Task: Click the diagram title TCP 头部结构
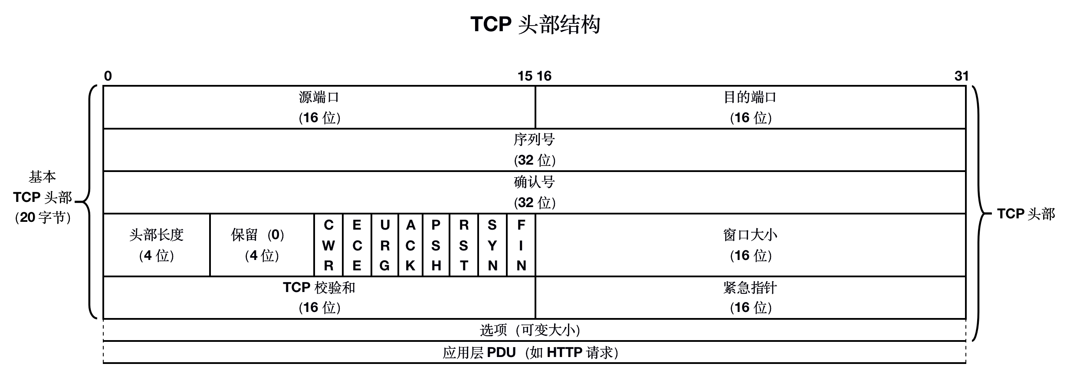(x=535, y=24)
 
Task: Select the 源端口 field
(x=319, y=107)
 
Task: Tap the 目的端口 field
(x=750, y=107)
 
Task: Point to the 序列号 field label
(x=534, y=140)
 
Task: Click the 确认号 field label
(x=534, y=182)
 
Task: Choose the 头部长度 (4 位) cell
(x=157, y=245)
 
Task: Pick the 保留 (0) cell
(x=262, y=245)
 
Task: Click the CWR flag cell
(x=328, y=245)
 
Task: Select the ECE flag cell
(x=357, y=245)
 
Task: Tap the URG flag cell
(x=384, y=245)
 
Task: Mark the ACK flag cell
(x=410, y=245)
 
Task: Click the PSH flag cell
(x=436, y=245)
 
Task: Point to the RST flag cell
(x=464, y=245)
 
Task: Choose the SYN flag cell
(x=492, y=245)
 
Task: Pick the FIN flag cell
(x=521, y=245)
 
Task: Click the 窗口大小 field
(x=750, y=245)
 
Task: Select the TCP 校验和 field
(x=319, y=298)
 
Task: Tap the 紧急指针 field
(x=750, y=298)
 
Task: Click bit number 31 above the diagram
(x=961, y=76)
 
